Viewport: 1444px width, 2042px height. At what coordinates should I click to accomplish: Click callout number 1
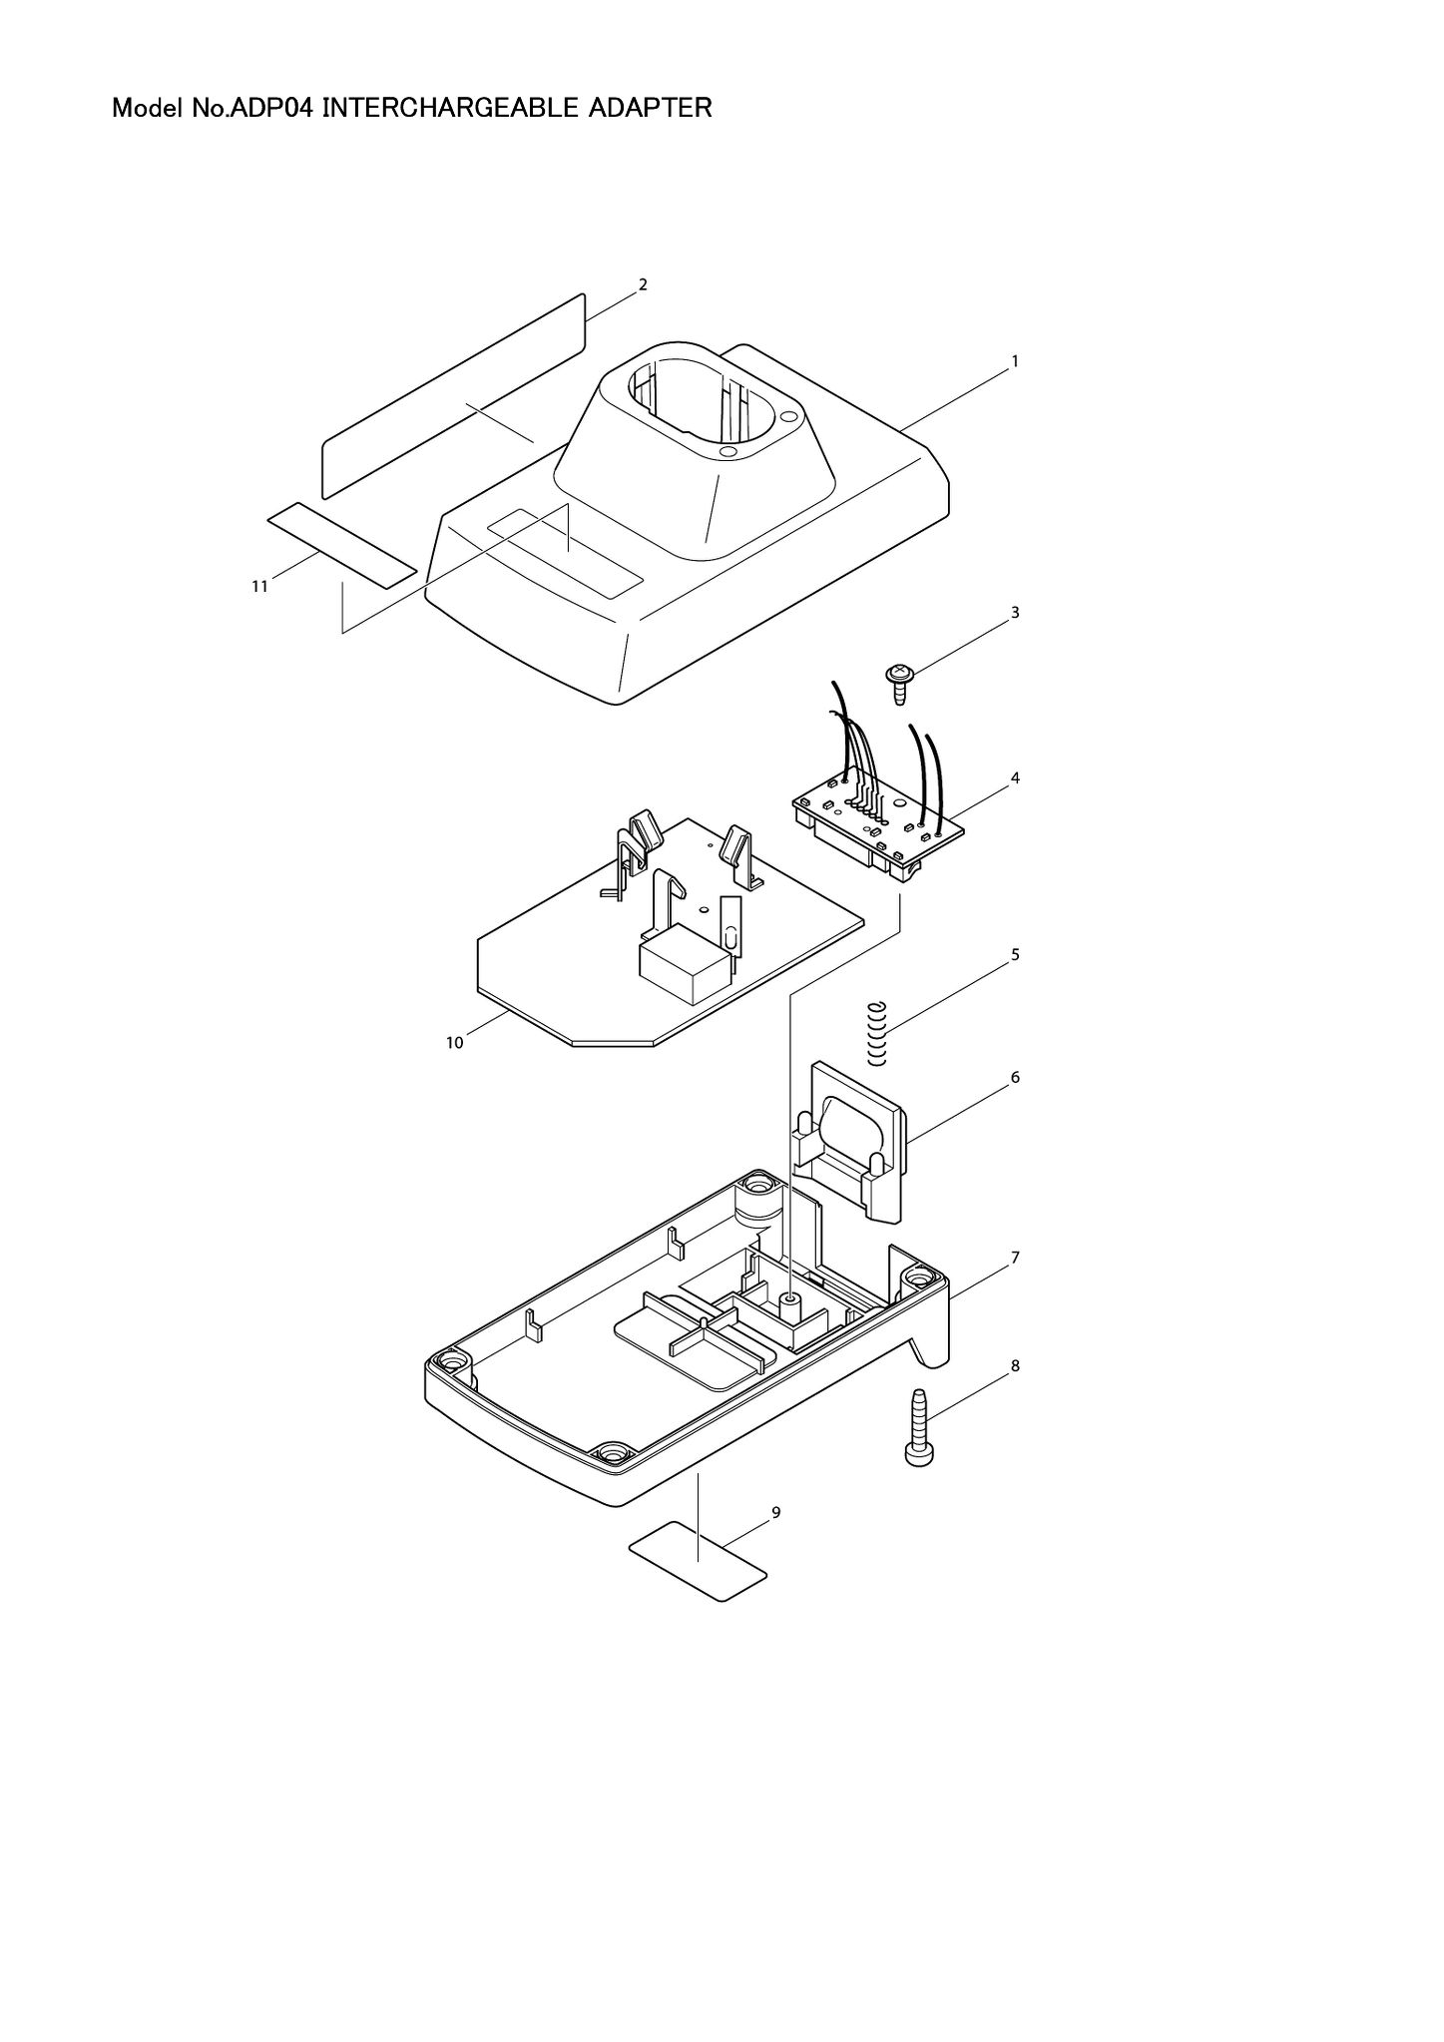(1015, 361)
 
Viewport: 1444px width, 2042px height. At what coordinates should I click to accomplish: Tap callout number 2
(643, 284)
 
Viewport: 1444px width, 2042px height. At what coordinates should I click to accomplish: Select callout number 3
(1015, 612)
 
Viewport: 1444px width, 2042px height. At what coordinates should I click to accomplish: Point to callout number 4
(1015, 777)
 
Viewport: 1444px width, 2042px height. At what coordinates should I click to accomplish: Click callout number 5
(1015, 954)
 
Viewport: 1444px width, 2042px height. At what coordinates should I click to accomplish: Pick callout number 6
(1015, 1078)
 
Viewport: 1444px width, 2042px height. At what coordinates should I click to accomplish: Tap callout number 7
(1015, 1258)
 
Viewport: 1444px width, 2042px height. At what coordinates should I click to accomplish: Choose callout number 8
(1015, 1366)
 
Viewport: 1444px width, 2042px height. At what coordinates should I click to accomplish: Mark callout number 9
(776, 1513)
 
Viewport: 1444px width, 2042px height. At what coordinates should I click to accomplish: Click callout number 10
(454, 1043)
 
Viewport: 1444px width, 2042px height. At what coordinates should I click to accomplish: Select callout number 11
(259, 587)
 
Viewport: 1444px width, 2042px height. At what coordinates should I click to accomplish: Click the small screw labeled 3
(900, 683)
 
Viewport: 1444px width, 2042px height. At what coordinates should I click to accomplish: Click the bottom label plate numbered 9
(698, 1562)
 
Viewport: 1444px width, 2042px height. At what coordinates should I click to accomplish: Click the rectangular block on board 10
(686, 962)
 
